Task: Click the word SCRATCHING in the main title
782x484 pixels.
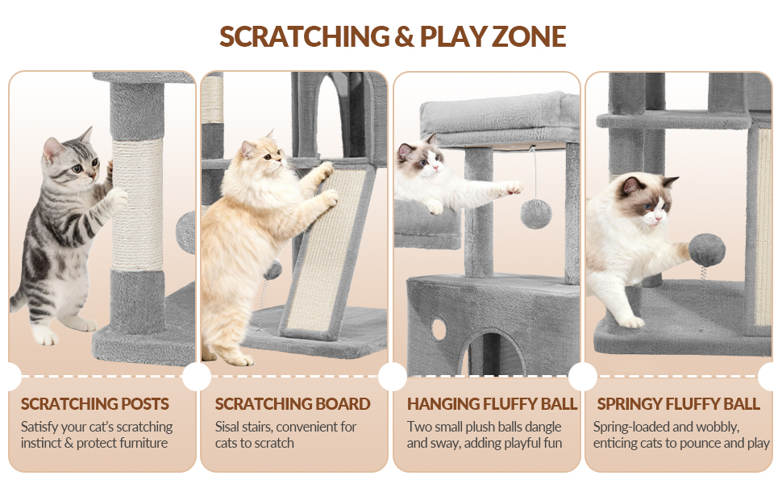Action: click(304, 36)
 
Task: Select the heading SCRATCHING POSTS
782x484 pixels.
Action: click(95, 403)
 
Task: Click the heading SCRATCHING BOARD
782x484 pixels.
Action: click(293, 403)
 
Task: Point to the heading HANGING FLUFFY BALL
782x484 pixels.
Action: click(492, 403)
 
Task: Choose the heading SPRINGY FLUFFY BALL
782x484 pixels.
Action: click(678, 403)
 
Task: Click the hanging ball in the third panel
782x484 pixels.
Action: click(536, 214)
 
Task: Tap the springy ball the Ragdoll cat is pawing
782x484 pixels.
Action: click(707, 249)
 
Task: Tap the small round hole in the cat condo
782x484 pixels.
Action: click(439, 328)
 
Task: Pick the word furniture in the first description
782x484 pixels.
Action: click(143, 443)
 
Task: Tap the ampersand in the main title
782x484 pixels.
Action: click(405, 37)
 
